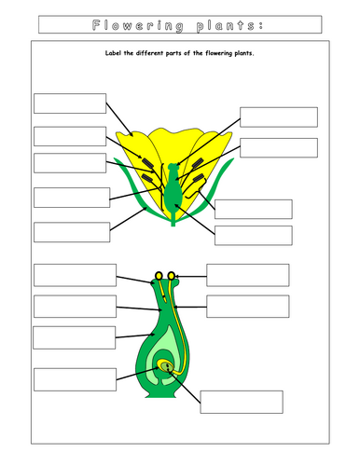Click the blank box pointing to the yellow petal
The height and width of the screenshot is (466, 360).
(x=69, y=103)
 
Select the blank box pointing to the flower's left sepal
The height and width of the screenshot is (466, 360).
(x=69, y=232)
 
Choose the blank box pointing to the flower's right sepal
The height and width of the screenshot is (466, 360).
(x=253, y=209)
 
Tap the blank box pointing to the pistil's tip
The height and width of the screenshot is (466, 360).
(x=278, y=116)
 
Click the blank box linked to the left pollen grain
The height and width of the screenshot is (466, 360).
(x=74, y=275)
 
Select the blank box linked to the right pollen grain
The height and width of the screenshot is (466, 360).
(x=247, y=275)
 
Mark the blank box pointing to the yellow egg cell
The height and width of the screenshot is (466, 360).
(x=241, y=402)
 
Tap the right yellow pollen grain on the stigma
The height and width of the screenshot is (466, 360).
(x=172, y=275)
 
